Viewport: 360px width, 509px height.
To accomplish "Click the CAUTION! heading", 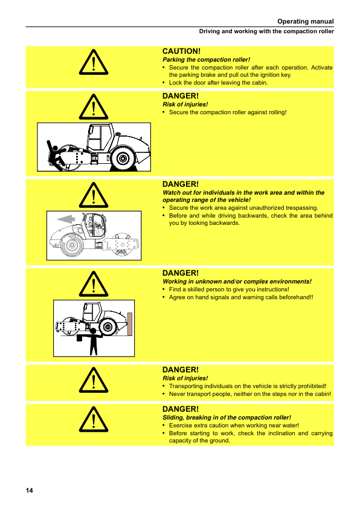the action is (x=181, y=51).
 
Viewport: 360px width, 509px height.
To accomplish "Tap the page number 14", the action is (x=29, y=490).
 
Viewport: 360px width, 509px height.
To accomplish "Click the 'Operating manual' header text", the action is (x=305, y=21).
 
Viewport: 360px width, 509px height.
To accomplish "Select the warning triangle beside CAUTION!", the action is (x=94, y=62).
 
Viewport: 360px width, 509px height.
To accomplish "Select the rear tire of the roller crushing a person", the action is (x=123, y=158).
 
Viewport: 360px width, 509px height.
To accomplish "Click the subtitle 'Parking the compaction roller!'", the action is (x=206, y=60).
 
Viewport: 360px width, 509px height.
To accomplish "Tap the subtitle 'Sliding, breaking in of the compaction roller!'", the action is (x=227, y=418).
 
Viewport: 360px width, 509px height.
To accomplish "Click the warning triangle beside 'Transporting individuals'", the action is (x=94, y=380).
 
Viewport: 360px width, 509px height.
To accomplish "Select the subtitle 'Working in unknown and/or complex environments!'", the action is (x=237, y=282).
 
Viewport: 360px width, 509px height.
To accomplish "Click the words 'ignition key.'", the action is (x=276, y=75).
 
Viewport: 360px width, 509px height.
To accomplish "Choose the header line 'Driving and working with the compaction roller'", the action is (x=266, y=31).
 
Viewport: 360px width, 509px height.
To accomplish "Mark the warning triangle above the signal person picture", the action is (x=94, y=284).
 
